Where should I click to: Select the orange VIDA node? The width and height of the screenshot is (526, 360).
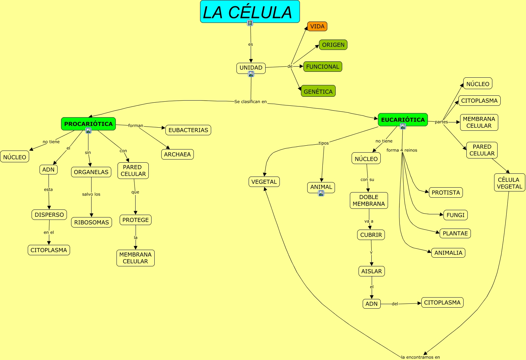click(x=317, y=26)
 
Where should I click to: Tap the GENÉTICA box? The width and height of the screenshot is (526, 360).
click(x=318, y=91)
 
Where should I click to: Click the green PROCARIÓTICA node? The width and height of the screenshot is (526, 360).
click(x=88, y=123)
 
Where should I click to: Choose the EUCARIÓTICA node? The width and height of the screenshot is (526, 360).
click(x=403, y=120)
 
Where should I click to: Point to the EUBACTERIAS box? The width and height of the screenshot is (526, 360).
click(x=188, y=130)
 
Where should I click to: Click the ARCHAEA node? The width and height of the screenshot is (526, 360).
click(x=177, y=154)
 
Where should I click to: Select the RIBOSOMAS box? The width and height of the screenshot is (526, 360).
click(x=92, y=222)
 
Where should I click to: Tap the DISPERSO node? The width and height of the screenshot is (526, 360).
click(x=49, y=215)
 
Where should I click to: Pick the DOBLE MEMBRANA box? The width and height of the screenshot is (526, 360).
click(x=369, y=200)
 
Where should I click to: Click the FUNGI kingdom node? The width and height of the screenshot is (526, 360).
click(x=455, y=215)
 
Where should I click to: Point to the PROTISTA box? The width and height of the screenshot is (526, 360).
click(x=446, y=192)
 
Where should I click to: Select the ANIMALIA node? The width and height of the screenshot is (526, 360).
click(x=448, y=253)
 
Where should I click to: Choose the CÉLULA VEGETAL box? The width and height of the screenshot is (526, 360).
click(x=509, y=183)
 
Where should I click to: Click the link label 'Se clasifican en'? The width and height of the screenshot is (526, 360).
click(x=250, y=102)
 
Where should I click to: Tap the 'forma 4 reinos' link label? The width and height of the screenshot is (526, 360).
click(x=402, y=150)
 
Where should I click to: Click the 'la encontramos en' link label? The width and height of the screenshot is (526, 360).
click(x=420, y=357)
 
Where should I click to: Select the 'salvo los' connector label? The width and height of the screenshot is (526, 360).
click(x=91, y=194)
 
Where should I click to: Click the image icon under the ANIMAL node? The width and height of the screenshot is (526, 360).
click(x=321, y=193)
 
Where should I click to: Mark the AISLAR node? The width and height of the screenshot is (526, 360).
click(x=371, y=271)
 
